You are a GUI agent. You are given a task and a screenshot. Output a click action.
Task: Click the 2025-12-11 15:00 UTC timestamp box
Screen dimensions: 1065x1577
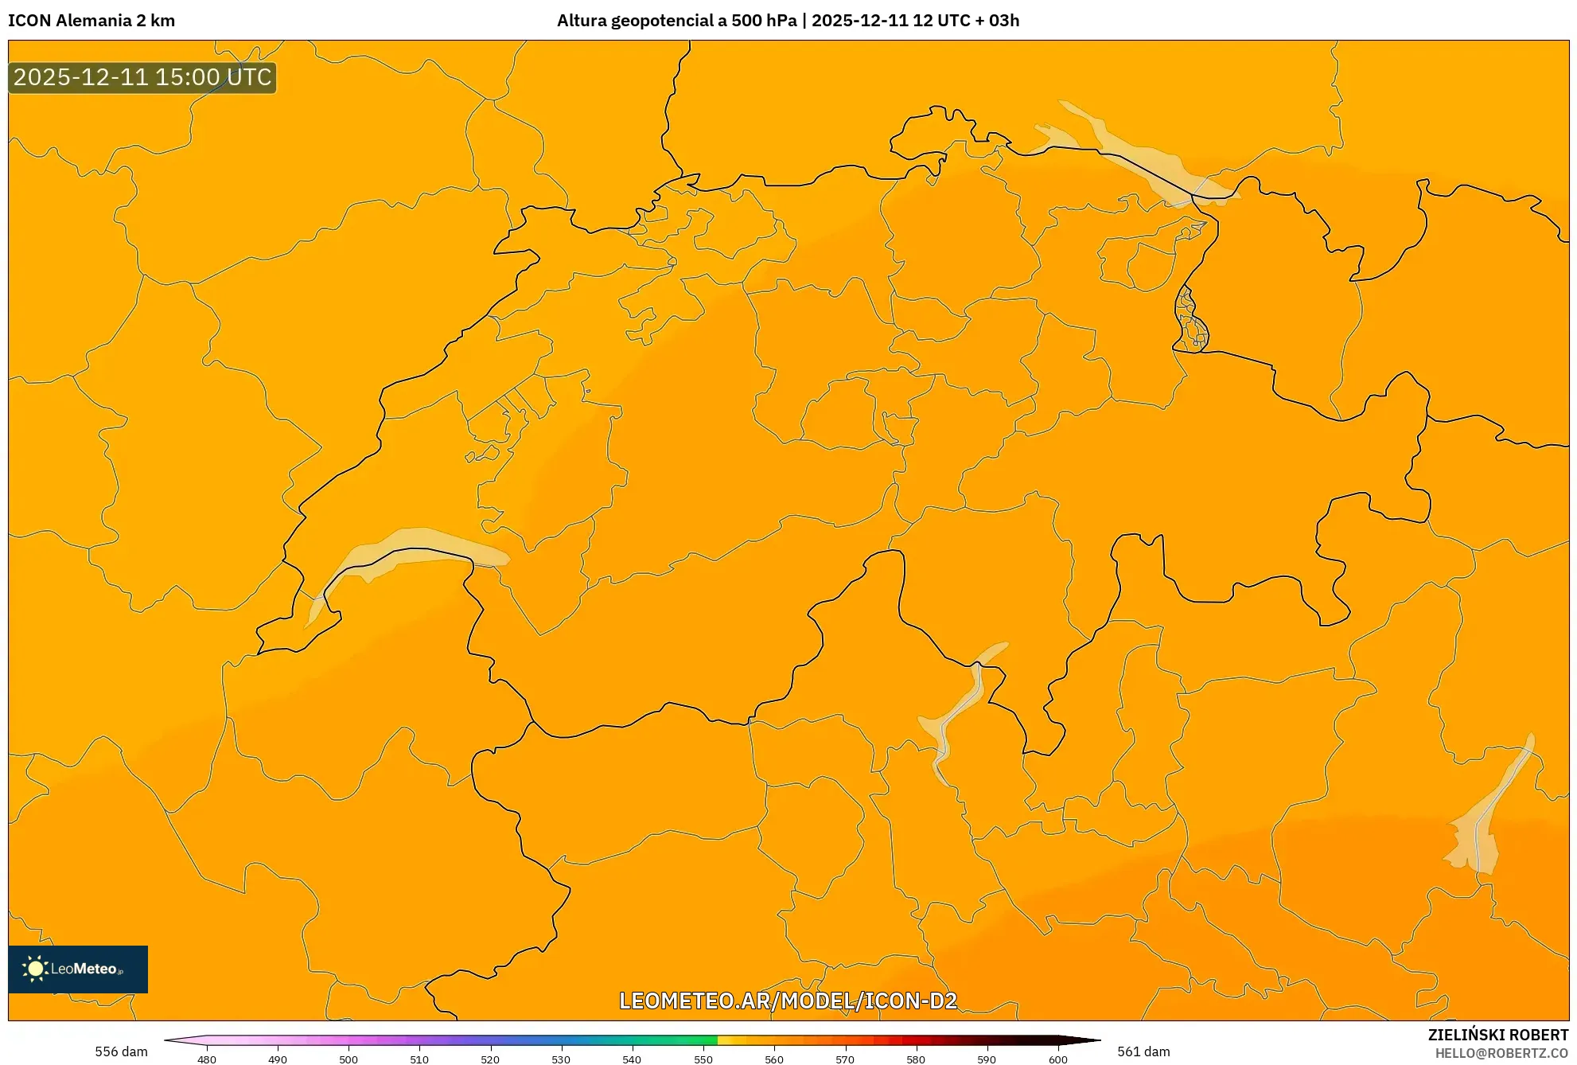pos(142,77)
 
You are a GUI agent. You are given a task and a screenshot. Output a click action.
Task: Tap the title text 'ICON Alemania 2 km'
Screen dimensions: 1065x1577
pos(92,21)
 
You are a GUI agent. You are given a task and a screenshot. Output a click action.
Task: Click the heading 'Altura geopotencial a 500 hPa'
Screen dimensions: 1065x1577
pos(676,21)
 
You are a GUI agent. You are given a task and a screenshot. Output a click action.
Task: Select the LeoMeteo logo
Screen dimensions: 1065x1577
pos(78,969)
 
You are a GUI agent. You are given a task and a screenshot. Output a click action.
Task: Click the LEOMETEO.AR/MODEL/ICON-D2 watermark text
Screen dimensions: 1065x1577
pos(788,1001)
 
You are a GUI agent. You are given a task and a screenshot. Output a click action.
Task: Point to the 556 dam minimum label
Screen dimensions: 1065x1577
pos(121,1051)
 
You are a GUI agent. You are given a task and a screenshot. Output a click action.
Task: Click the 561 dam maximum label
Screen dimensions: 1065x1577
pos(1143,1051)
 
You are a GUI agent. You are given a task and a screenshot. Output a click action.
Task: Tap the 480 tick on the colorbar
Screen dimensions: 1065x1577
pos(207,1059)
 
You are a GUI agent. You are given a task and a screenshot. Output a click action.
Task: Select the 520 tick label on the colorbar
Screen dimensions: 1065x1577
pos(490,1059)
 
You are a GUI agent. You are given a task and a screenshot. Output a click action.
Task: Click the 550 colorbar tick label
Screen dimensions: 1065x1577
pos(703,1059)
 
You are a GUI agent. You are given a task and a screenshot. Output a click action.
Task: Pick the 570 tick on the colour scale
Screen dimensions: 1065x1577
pos(845,1059)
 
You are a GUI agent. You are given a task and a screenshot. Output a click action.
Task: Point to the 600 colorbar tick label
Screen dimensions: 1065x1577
pos(1057,1059)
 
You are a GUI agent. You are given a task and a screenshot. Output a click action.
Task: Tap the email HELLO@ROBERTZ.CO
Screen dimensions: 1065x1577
pos(1501,1053)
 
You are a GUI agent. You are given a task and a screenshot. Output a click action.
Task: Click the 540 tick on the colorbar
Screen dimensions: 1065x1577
pos(632,1059)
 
